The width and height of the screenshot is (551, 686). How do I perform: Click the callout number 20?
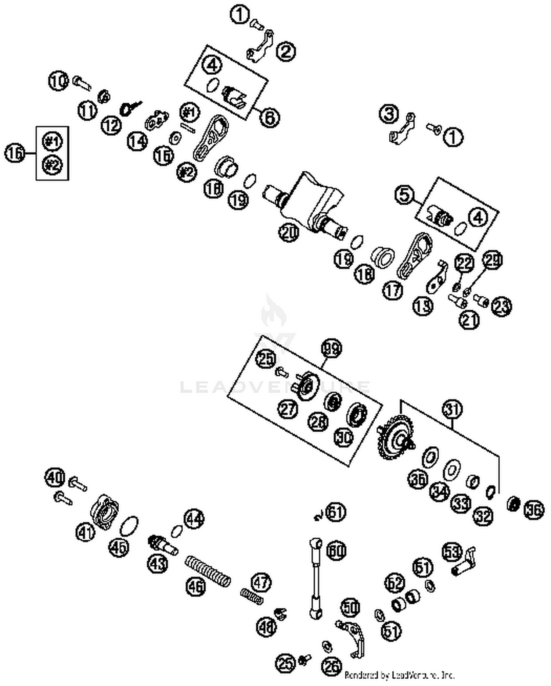[288, 232]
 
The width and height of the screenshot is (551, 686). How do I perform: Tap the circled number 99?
[331, 348]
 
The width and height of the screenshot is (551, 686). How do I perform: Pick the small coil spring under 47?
[252, 596]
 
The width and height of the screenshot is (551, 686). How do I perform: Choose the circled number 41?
[86, 532]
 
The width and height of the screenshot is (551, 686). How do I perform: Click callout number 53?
[451, 552]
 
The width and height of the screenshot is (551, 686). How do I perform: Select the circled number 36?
[533, 510]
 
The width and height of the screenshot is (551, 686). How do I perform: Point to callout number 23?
[502, 306]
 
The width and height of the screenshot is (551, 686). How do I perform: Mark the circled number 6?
[269, 118]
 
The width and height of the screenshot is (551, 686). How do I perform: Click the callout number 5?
[404, 194]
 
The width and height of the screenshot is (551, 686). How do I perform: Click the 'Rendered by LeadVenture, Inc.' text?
[399, 675]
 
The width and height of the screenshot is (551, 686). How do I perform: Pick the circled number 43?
[158, 563]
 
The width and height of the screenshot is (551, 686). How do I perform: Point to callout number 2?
[286, 51]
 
